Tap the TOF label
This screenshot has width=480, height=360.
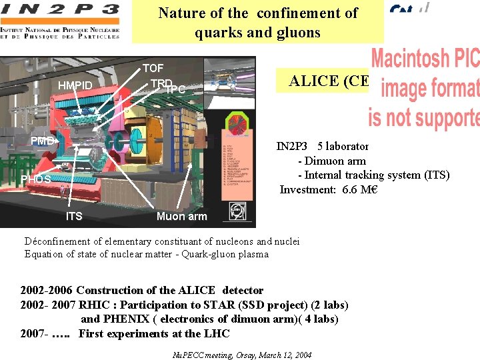pyautogui.click(x=153, y=68)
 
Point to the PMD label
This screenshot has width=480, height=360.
pyautogui.click(x=43, y=141)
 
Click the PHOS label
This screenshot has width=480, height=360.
pyautogui.click(x=35, y=179)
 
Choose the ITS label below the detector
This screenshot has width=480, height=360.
pyautogui.click(x=74, y=216)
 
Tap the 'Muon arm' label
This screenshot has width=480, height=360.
pyautogui.click(x=181, y=216)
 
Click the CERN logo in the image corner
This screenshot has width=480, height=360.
pyautogui.click(x=237, y=211)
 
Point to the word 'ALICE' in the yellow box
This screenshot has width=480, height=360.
pyautogui.click(x=313, y=81)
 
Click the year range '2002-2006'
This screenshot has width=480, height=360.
pyautogui.click(x=47, y=290)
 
